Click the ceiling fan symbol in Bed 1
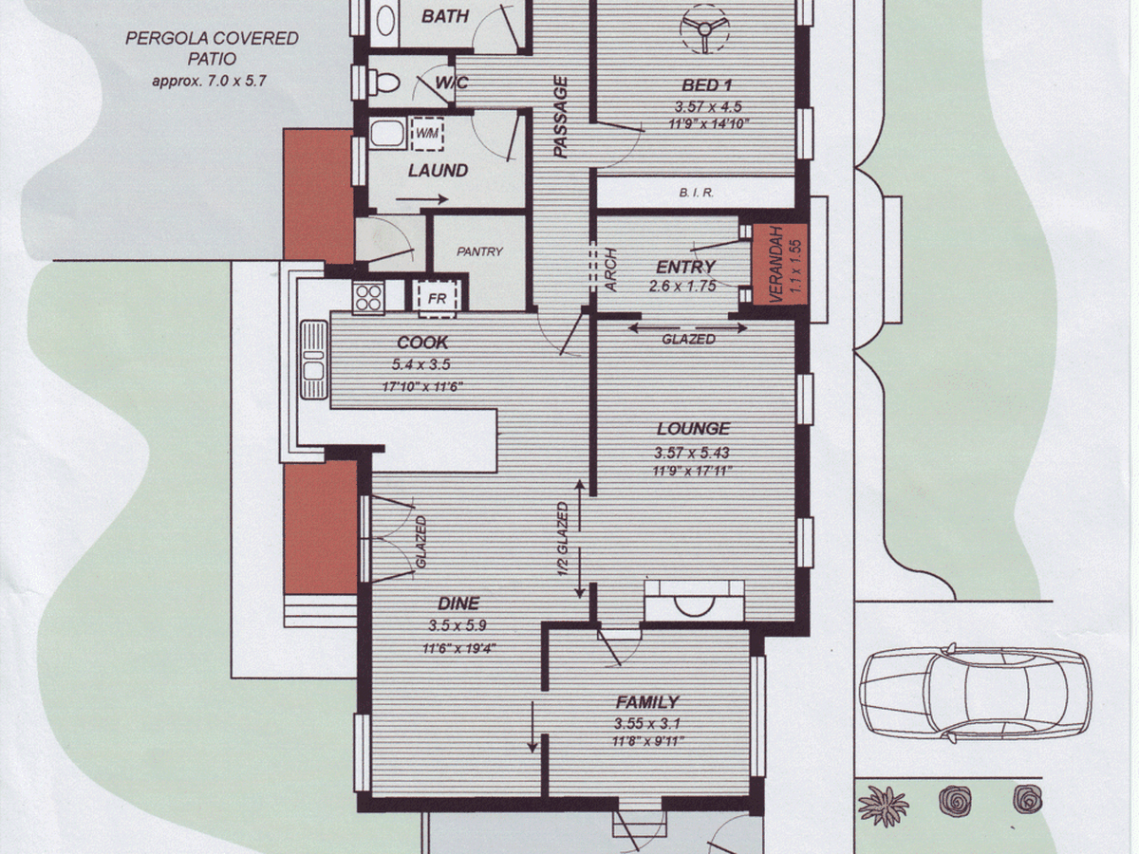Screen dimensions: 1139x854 tap(704, 30)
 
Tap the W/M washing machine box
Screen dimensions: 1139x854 tap(427, 134)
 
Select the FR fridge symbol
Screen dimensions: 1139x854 tap(438, 298)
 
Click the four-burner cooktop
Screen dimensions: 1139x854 tap(368, 298)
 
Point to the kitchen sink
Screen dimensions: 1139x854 tap(314, 361)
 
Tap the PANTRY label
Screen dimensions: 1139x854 tap(479, 251)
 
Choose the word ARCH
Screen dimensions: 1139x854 tap(610, 269)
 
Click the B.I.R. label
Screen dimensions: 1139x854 tap(697, 193)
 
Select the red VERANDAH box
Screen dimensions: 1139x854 tap(780, 265)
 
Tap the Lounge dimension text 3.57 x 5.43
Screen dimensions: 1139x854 tap(692, 453)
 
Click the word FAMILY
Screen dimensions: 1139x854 tap(647, 702)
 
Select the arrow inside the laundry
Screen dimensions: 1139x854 tap(421, 199)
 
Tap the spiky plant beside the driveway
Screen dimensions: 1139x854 tap(883, 807)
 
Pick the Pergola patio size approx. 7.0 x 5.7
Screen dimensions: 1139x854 tap(209, 82)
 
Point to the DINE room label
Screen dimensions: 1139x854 tap(458, 603)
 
